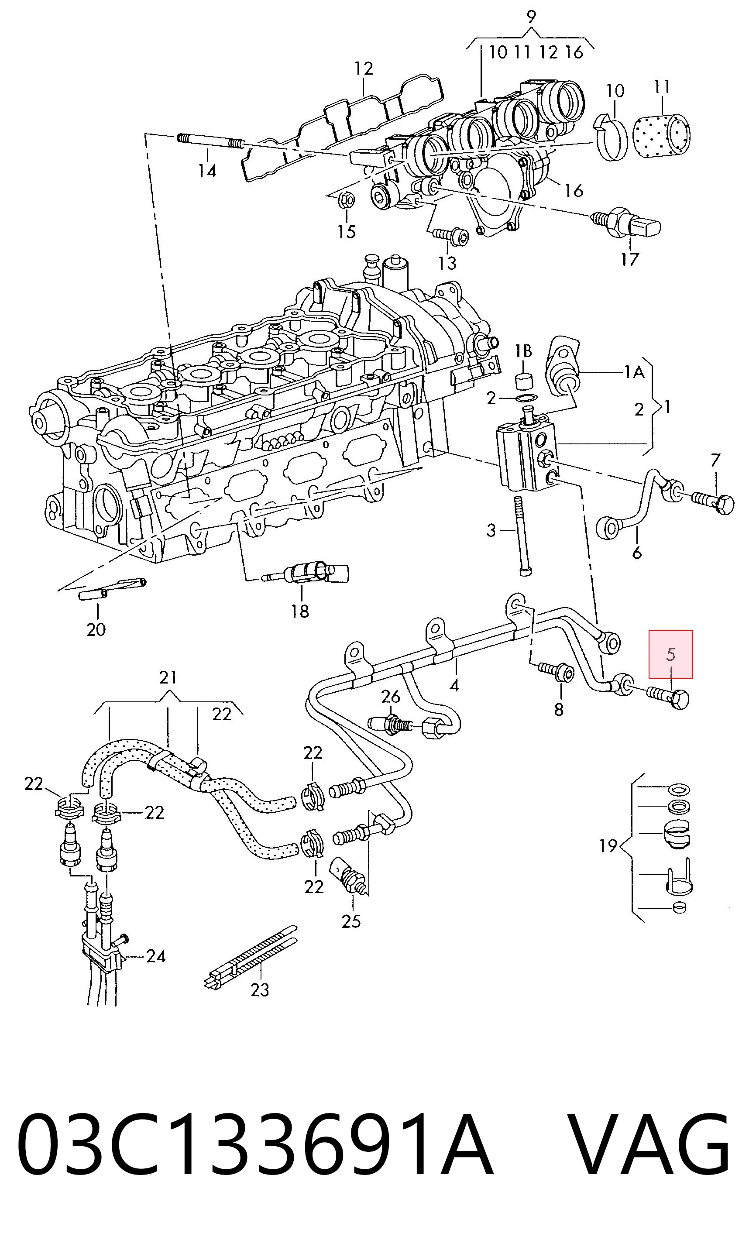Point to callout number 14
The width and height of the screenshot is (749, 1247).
click(x=207, y=171)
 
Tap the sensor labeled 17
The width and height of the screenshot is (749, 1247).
click(x=626, y=222)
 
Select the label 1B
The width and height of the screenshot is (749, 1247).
click(x=523, y=351)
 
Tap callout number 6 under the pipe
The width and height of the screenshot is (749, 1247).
click(x=637, y=553)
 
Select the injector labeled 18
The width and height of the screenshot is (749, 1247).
click(x=306, y=574)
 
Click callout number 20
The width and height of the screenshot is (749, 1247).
click(x=96, y=629)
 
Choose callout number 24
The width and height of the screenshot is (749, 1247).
click(x=155, y=956)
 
